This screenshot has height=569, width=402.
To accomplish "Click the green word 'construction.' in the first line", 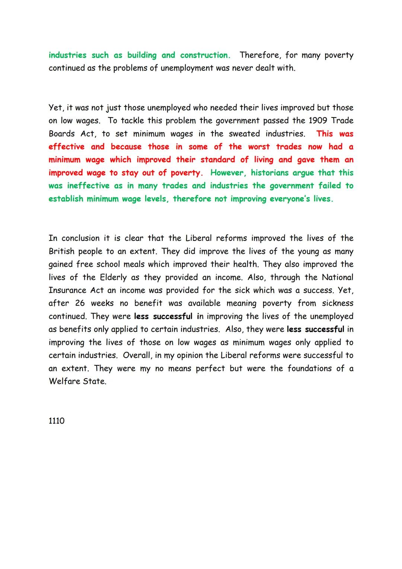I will click(205, 55).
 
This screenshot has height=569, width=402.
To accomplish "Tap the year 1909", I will click(318, 120).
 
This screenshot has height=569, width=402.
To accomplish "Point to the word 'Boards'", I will click(62, 133).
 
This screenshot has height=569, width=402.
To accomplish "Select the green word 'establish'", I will click(66, 199).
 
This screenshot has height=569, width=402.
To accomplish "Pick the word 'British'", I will click(62, 251).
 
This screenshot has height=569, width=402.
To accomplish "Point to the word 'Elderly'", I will click(113, 277).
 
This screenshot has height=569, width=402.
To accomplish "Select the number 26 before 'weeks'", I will click(80, 303).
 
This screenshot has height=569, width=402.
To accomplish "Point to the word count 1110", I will click(57, 421).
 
